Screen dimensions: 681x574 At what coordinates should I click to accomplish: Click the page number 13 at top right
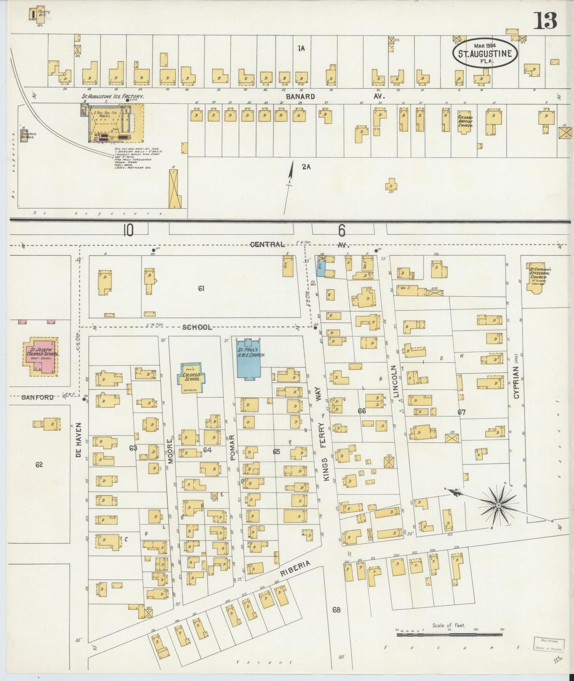point(545,21)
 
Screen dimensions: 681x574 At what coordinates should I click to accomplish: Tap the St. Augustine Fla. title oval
point(485,53)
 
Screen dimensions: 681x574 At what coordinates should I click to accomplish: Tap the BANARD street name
point(300,96)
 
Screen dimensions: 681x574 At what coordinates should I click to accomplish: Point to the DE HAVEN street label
point(78,440)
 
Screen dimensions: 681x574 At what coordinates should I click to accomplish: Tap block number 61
point(201,288)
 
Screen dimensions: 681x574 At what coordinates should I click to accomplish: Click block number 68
point(336,609)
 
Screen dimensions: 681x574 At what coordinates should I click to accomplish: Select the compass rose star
point(498,505)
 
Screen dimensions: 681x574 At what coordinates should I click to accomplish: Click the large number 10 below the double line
point(128,230)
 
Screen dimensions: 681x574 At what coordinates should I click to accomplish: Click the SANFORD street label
point(37,397)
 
